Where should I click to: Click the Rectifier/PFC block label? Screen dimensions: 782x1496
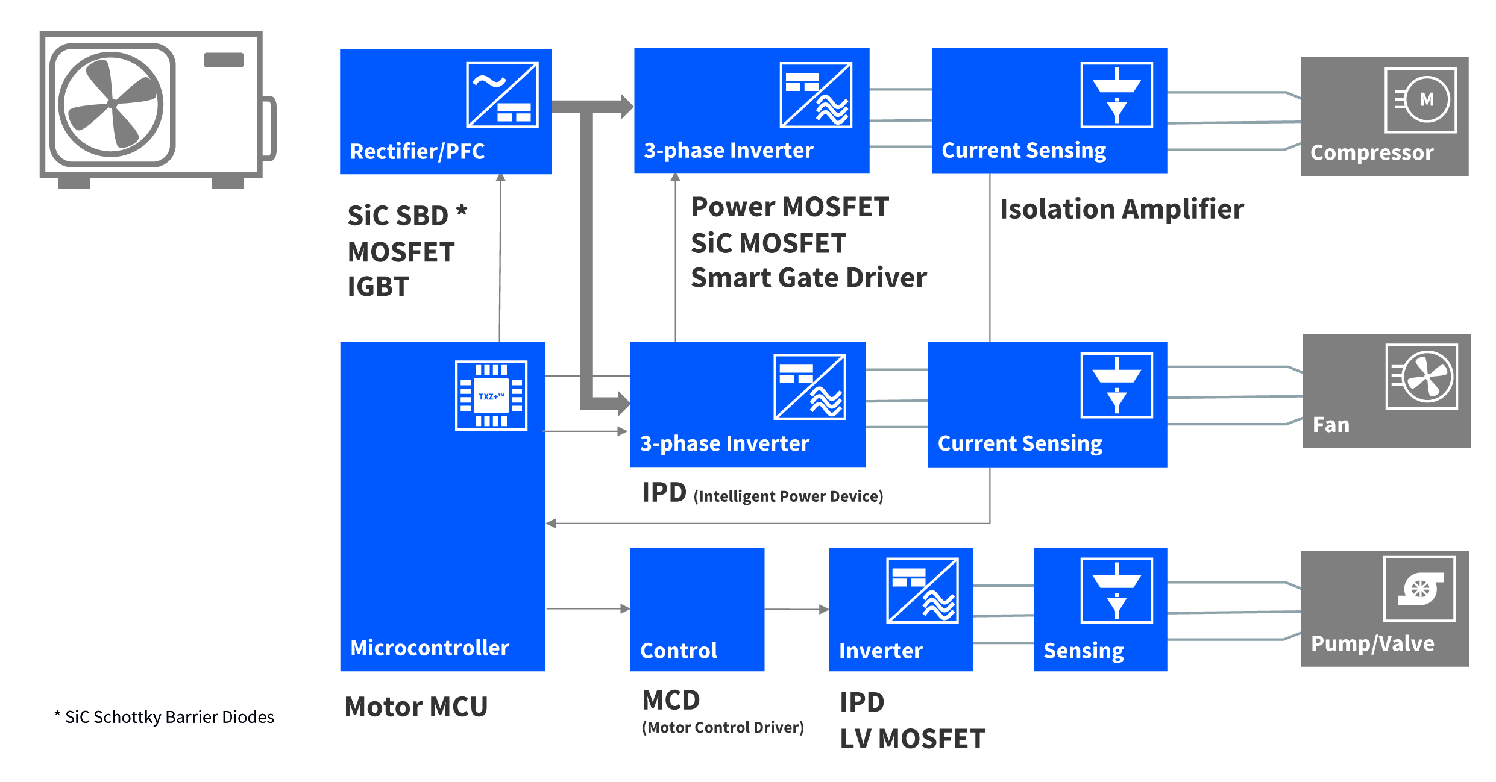click(417, 151)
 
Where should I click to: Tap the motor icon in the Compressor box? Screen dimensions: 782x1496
click(1421, 100)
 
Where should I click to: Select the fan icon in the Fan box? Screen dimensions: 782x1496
click(1421, 377)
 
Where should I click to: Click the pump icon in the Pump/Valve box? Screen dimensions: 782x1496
click(1419, 589)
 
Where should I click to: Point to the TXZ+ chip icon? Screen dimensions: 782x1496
click(491, 395)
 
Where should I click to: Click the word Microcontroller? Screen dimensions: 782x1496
click(430, 648)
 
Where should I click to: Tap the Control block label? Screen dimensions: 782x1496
click(679, 651)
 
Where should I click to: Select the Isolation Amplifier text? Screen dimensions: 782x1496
click(1121, 209)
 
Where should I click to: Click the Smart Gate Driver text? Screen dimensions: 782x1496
click(808, 278)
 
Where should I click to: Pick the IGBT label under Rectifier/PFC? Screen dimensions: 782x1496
click(378, 287)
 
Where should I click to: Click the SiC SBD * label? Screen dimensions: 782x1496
click(407, 215)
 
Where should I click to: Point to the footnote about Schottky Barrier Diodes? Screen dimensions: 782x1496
click(164, 717)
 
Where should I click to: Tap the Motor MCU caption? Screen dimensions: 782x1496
click(416, 707)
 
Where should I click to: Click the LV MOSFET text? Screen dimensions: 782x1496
click(912, 739)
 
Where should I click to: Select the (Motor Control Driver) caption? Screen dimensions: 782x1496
click(723, 728)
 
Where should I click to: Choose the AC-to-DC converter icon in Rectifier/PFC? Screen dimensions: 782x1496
click(502, 95)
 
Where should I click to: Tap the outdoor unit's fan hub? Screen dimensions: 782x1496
click(112, 104)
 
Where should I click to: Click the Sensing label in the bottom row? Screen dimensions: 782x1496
click(1083, 651)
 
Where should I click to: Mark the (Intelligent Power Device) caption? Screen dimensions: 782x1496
click(788, 496)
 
